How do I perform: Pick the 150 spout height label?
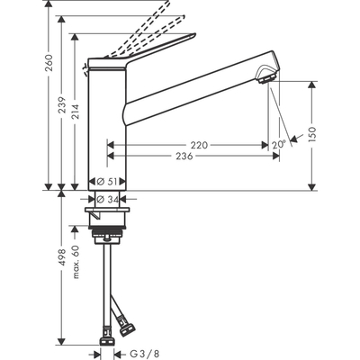[310, 134]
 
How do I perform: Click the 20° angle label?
[279, 143]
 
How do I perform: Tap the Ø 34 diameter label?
[108, 199]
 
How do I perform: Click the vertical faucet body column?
[107, 135]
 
